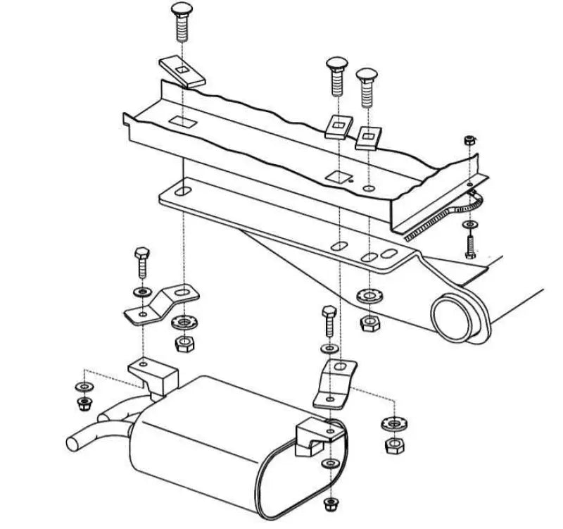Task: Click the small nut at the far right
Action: point(469,141)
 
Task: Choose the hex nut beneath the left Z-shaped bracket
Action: point(185,345)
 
